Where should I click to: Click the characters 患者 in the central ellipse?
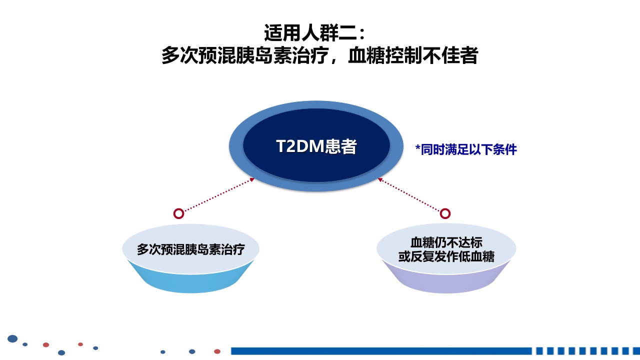pos(341,146)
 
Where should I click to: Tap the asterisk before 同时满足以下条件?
pos(417,148)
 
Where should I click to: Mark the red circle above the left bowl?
pos(178,213)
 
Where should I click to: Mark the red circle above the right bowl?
pos(445,213)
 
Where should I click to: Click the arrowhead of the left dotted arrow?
pos(252,179)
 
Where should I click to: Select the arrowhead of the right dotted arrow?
pos(380,179)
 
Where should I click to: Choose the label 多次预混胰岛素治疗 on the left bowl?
pos(190,249)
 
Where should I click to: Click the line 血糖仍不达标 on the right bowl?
pos(446,242)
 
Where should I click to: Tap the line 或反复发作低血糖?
pos(446,257)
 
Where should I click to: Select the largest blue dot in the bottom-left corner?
pos(12,339)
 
